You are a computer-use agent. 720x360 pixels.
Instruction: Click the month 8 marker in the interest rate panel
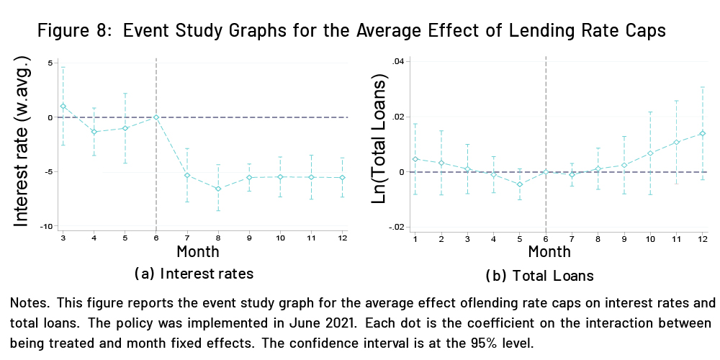tap(218, 189)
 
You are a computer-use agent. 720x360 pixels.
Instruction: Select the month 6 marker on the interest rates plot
tap(156, 117)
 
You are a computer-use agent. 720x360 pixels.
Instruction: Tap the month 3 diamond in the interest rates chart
tap(63, 106)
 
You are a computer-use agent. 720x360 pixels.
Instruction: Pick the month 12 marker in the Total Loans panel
tap(702, 133)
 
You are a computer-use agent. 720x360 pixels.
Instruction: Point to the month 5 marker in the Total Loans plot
tap(520, 184)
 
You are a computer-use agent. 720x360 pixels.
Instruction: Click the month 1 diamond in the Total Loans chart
tap(415, 158)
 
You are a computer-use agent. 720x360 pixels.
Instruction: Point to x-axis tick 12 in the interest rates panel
tap(342, 238)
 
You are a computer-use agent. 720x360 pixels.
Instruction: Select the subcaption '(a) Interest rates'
tap(194, 274)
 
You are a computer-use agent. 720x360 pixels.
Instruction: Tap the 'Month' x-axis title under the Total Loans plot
tap(549, 252)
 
